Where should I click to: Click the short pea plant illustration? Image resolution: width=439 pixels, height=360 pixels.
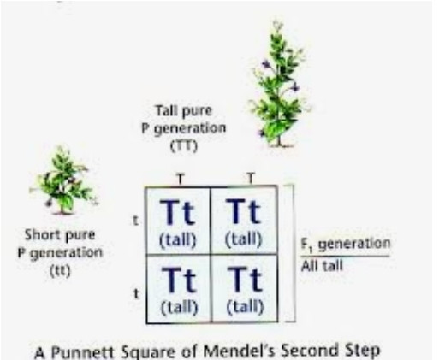(63, 180)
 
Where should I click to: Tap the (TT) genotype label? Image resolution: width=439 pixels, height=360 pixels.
(184, 147)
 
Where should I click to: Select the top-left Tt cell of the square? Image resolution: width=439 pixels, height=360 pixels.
(178, 221)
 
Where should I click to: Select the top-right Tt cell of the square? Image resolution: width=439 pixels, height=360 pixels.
(244, 221)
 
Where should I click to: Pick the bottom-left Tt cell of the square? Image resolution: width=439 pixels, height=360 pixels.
(179, 289)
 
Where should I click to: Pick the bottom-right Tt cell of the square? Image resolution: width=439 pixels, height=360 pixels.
(245, 289)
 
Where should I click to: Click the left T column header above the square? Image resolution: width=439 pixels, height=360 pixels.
(181, 179)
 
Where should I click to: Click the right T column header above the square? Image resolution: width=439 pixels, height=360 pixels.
(251, 178)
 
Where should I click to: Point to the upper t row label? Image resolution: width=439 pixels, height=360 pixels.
(136, 221)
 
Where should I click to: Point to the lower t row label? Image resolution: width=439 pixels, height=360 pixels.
(137, 293)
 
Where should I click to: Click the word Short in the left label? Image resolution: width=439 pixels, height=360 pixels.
(43, 235)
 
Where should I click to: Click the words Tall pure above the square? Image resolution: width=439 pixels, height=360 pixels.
(184, 111)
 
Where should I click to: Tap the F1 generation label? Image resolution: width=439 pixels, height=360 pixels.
(346, 245)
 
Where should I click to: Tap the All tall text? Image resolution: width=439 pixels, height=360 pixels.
(322, 266)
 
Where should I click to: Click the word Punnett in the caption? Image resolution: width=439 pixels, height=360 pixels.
(83, 352)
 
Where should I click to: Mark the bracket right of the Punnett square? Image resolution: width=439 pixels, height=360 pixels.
(293, 253)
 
